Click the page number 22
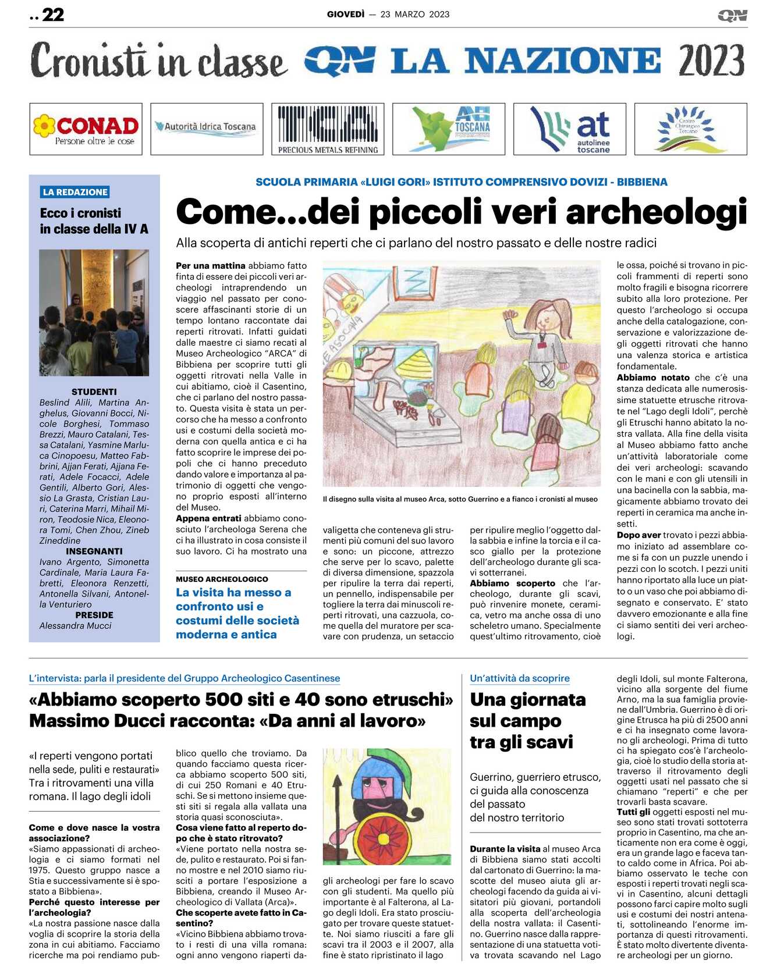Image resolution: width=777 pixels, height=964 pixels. coord(52,15)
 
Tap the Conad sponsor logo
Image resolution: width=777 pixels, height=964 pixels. coord(86,129)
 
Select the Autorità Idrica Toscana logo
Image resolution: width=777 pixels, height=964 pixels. coord(207,129)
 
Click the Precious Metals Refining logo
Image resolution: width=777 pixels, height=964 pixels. coord(328,129)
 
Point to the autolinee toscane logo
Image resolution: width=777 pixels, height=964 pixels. coord(570,129)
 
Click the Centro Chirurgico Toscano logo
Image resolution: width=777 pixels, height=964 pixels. coord(690,129)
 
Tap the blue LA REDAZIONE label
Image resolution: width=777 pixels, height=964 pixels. coord(75,192)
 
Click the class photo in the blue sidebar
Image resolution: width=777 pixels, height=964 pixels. coord(94,312)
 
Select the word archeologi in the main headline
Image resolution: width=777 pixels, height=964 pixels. coord(656,211)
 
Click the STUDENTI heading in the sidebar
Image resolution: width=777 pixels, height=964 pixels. coord(94,392)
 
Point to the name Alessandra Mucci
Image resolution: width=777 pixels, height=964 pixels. coord(75,625)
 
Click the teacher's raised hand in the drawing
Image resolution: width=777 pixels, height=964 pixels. coord(511,315)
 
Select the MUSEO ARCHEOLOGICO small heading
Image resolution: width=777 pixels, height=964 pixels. coord(222,579)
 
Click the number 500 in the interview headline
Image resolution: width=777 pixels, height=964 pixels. coord(223,699)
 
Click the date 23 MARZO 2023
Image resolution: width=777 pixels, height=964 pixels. coord(414,15)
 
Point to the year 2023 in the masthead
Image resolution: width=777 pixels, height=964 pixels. coord(711,61)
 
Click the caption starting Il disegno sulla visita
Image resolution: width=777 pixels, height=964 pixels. coord(460,499)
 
